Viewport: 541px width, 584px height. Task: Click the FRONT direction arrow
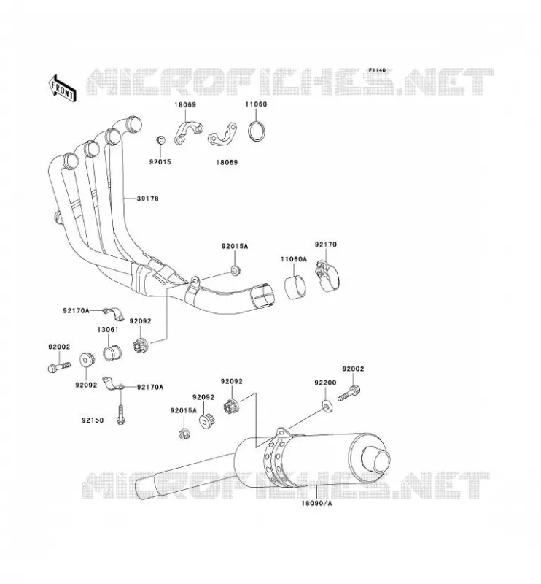[62, 88]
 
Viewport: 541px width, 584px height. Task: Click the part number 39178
[148, 199]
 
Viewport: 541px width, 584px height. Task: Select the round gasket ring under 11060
[257, 131]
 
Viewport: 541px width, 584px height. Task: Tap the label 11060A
[294, 259]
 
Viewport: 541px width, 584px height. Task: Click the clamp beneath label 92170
[327, 277]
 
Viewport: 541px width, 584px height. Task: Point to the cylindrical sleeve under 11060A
[295, 286]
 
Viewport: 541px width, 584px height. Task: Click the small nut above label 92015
[160, 140]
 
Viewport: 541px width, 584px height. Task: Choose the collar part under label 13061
[112, 353]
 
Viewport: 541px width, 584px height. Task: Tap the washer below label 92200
[327, 406]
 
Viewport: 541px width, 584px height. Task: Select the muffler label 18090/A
[316, 504]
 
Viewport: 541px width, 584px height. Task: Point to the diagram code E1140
[377, 70]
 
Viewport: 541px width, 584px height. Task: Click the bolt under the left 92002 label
[59, 366]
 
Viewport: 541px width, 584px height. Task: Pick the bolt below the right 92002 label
[349, 393]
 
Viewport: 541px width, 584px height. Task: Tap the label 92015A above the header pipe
[234, 247]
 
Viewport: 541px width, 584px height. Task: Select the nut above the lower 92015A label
[184, 434]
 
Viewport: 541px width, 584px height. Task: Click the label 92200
[325, 383]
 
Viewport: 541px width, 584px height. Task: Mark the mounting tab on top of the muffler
[284, 433]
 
